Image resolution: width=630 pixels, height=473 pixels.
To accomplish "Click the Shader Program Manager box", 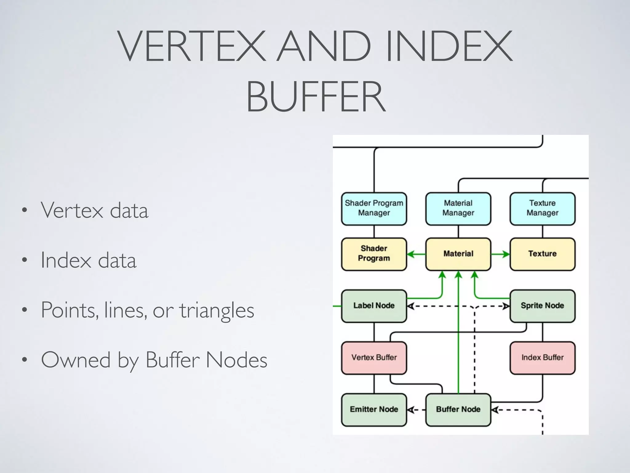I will click(x=374, y=208).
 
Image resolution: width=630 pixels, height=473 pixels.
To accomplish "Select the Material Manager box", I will click(x=458, y=208).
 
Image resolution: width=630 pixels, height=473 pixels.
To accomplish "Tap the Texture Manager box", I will click(x=542, y=208).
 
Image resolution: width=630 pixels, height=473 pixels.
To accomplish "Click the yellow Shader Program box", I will click(x=374, y=254).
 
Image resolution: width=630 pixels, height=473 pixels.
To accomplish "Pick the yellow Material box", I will click(x=458, y=254).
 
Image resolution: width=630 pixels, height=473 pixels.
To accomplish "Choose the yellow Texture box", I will click(x=542, y=254).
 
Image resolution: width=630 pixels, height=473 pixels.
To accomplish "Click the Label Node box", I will click(x=374, y=305).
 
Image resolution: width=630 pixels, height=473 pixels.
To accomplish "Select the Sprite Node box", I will click(x=542, y=305).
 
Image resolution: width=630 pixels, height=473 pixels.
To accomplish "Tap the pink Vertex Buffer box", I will click(x=374, y=358).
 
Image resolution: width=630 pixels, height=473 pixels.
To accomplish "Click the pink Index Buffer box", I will click(x=542, y=358).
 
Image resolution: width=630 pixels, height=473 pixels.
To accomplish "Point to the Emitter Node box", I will click(x=374, y=409).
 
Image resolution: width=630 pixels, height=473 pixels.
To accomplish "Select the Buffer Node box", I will click(x=458, y=409).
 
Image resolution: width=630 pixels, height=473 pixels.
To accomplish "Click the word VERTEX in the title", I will click(x=191, y=46).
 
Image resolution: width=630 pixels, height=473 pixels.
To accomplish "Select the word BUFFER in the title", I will click(x=316, y=96).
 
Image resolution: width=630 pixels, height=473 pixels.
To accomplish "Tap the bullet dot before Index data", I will click(x=25, y=260).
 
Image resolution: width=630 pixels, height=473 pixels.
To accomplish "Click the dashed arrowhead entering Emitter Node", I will click(x=411, y=410).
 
